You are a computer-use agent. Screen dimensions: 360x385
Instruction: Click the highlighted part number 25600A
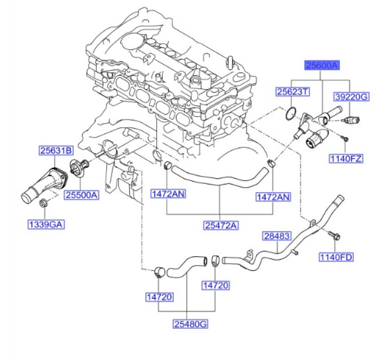[322, 66]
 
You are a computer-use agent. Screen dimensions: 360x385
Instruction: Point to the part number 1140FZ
[346, 158]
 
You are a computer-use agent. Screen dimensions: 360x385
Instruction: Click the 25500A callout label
[82, 195]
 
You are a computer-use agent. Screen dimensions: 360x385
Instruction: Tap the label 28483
[277, 236]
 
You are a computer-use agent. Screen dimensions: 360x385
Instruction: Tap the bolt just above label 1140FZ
[345, 137]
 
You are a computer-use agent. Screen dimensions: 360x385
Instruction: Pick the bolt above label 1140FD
[333, 235]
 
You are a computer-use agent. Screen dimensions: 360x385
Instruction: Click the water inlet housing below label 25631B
[43, 183]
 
